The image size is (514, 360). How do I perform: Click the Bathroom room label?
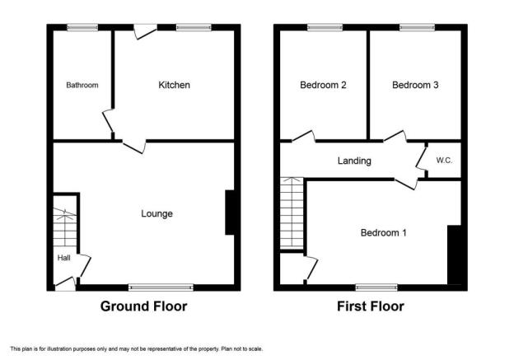pyautogui.click(x=82, y=85)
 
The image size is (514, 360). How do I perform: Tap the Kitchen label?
pyautogui.click(x=174, y=85)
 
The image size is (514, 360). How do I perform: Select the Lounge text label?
pyautogui.click(x=157, y=213)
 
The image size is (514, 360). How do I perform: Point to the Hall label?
pyautogui.click(x=64, y=258)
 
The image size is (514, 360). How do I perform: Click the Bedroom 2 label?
pyautogui.click(x=323, y=85)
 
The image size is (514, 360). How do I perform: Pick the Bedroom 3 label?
pyautogui.click(x=415, y=85)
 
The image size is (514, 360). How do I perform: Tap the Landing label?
pyautogui.click(x=354, y=161)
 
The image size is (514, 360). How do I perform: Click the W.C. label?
pyautogui.click(x=444, y=161)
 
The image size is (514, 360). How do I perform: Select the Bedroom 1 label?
pyautogui.click(x=384, y=233)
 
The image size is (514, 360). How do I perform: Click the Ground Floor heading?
pyautogui.click(x=144, y=306)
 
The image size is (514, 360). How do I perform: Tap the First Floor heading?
pyautogui.click(x=371, y=306)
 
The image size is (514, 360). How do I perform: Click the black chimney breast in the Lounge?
pyautogui.click(x=230, y=213)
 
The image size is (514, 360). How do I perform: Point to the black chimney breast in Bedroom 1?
pyautogui.click(x=455, y=255)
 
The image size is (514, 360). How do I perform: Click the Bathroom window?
pyautogui.click(x=82, y=27)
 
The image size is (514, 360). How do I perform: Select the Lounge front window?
pyautogui.click(x=161, y=288)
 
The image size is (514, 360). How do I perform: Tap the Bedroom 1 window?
pyautogui.click(x=376, y=288)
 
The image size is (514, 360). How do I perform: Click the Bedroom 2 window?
pyautogui.click(x=325, y=27)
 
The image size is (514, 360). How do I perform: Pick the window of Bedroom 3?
pyautogui.click(x=417, y=27)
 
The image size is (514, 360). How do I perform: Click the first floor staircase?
pyautogui.click(x=292, y=213)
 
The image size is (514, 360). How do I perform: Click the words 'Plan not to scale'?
pyautogui.click(x=242, y=348)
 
